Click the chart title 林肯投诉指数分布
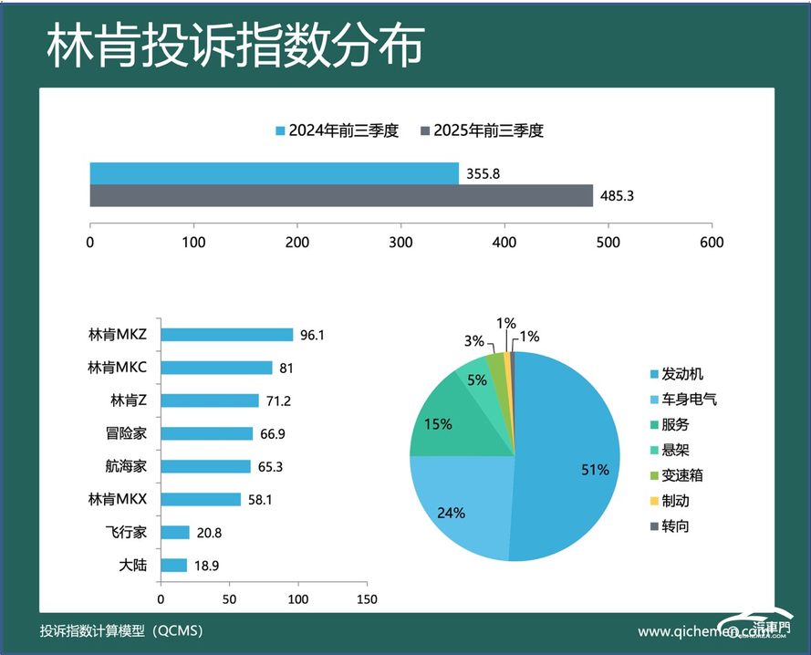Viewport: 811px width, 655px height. point(234,46)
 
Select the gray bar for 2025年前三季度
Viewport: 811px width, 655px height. point(341,196)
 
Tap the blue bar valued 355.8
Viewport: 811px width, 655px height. point(274,173)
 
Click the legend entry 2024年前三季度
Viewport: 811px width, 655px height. point(337,130)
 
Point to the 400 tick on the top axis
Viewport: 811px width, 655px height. point(504,242)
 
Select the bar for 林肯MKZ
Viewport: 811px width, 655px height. point(226,335)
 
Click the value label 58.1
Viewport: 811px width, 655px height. point(259,499)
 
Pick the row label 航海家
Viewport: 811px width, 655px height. point(127,466)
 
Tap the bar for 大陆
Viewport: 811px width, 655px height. point(173,565)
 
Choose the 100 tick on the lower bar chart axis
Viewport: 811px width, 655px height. point(297,599)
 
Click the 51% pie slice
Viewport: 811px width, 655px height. point(566,456)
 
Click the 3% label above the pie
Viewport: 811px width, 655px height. point(473,341)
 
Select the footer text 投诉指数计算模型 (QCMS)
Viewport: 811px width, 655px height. point(121,631)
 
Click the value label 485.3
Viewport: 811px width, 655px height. point(616,196)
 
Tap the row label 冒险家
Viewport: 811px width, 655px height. point(127,433)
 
